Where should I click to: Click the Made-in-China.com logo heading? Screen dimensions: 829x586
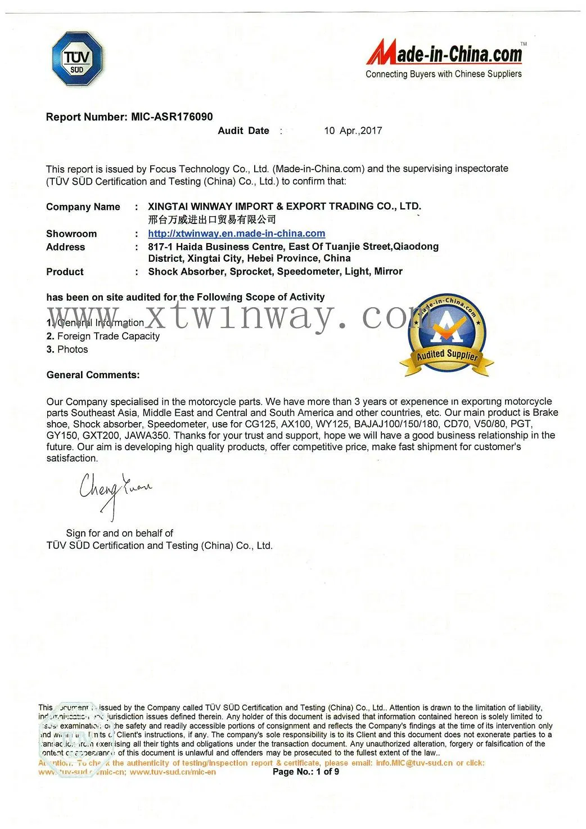444,54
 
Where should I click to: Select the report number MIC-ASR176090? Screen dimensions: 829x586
172,117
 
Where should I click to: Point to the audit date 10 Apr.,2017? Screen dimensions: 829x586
353,131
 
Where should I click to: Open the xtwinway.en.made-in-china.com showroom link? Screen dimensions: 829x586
236,234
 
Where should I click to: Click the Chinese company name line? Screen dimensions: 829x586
212,219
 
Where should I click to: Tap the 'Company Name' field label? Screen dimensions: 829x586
83,207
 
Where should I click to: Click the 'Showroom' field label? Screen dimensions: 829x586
71,234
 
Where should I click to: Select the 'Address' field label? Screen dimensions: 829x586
66,247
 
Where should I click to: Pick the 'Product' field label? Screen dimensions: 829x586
65,272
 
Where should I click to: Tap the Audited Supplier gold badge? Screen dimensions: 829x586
447,335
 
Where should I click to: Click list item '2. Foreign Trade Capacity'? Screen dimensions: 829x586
103,336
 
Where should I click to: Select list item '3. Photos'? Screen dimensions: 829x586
67,349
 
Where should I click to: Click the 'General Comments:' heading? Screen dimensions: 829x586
93,375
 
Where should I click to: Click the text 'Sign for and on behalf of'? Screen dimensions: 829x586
119,533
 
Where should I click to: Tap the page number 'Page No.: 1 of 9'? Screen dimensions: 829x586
306,772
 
